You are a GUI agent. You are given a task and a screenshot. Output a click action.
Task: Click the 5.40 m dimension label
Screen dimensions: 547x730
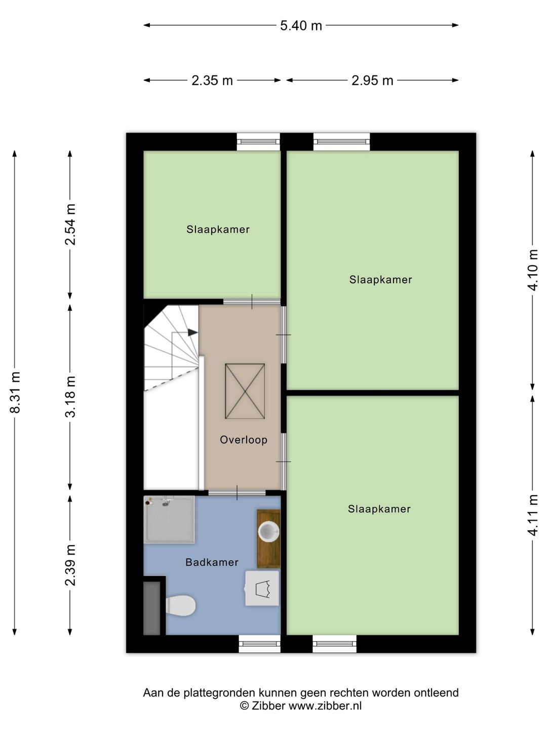click(301, 26)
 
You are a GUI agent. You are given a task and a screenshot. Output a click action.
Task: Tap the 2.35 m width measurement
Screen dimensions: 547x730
click(212, 81)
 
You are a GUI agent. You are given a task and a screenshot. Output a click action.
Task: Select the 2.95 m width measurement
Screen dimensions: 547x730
click(372, 81)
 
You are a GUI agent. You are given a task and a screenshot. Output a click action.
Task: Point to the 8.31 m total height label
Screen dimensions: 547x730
click(15, 392)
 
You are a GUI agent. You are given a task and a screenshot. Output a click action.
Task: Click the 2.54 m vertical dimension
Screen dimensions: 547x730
click(70, 225)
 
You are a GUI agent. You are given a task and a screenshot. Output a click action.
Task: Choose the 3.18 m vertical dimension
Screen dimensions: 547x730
click(70, 397)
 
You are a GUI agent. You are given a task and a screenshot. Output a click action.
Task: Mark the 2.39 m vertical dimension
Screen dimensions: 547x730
click(70, 565)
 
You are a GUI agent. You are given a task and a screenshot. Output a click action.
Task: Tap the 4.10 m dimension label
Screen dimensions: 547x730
click(532, 270)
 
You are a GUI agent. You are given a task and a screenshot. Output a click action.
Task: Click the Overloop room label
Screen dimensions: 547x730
click(244, 440)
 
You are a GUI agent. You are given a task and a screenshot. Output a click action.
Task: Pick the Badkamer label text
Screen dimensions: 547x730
click(212, 562)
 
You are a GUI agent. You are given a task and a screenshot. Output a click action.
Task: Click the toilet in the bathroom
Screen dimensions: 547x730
click(180, 605)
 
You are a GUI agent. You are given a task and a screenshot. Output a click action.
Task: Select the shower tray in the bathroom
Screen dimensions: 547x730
click(169, 520)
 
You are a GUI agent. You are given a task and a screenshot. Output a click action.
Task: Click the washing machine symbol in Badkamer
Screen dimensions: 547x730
click(262, 589)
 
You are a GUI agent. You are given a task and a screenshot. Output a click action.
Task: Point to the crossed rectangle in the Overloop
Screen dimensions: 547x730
click(245, 391)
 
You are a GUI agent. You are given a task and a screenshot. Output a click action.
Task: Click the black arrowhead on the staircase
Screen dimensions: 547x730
click(192, 332)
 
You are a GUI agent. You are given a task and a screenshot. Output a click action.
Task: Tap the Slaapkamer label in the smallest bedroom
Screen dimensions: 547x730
click(218, 230)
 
